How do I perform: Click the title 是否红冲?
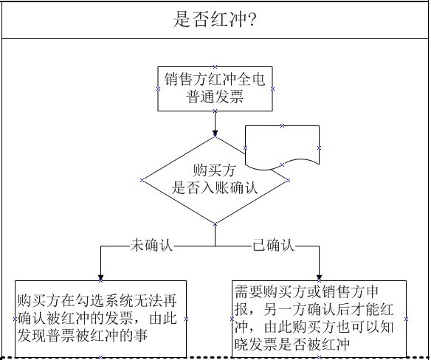215,19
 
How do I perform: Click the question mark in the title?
252,19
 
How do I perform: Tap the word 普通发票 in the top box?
215,97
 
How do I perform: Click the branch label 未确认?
151,245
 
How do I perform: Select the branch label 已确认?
273,245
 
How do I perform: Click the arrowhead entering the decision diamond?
215,133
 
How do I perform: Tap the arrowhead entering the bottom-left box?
100,277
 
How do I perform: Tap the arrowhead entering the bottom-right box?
319,277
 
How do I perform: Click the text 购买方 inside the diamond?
215,170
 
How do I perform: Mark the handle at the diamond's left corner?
142,180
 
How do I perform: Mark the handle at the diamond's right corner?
288,180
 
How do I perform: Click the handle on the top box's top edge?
215,66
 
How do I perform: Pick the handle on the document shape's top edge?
282,125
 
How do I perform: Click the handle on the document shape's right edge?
319,148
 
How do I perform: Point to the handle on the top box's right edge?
272,89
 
